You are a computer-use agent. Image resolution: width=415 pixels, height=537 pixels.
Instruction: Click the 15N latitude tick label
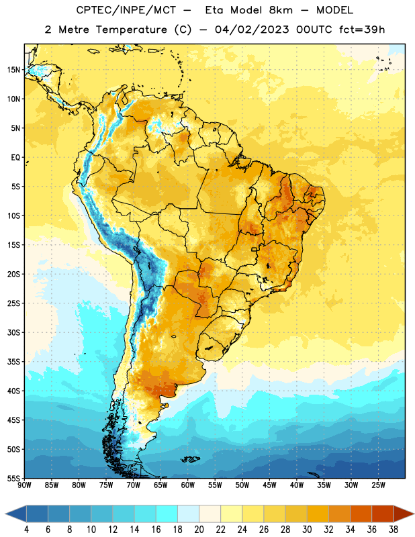13,70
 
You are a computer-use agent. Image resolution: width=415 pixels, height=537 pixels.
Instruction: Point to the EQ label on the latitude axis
15,158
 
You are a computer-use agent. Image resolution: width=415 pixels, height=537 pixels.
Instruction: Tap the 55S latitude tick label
13,479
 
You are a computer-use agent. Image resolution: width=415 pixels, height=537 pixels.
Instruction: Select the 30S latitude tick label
13,332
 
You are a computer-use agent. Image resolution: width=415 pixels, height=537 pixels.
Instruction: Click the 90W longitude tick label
24,485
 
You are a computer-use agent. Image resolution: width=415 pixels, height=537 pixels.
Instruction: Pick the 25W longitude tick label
378,485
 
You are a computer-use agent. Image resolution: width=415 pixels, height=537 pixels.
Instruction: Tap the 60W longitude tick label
188,485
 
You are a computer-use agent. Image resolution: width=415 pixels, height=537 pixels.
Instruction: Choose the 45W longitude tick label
269,485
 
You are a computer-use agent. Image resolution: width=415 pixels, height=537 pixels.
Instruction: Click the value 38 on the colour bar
394,530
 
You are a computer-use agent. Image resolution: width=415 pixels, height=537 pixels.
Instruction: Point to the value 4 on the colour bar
26,530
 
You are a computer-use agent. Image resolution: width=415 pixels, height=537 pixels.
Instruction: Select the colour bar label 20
199,530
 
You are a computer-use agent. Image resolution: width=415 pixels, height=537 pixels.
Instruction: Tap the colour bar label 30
307,530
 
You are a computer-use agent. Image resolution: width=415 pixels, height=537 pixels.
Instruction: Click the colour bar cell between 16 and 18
167,514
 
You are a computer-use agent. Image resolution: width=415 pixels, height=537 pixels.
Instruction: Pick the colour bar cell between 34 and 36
361,514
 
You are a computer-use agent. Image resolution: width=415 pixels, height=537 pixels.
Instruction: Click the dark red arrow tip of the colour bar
414,514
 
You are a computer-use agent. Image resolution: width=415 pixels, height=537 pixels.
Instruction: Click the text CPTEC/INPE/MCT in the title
126,10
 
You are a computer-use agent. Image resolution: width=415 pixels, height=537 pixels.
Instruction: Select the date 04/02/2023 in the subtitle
252,30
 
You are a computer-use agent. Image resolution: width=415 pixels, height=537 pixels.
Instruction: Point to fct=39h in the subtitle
362,30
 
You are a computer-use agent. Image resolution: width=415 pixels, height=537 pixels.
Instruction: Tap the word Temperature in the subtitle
131,30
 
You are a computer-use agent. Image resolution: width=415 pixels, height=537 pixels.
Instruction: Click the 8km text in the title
281,10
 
